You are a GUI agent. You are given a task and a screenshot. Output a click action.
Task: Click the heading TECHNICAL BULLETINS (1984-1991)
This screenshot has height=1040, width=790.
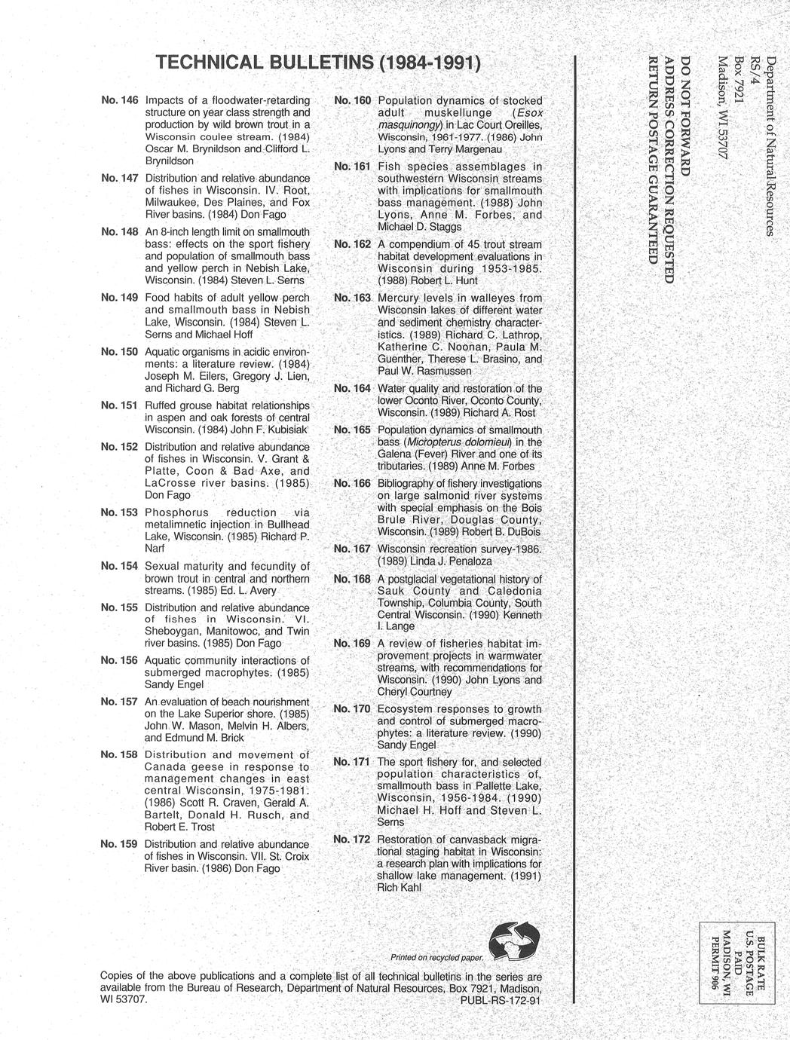(317, 63)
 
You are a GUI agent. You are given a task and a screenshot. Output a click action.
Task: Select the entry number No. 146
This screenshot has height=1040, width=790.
(119, 100)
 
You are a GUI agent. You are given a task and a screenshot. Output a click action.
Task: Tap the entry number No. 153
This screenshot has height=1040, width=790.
(119, 512)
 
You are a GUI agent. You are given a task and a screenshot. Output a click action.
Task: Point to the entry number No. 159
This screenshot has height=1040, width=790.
(119, 844)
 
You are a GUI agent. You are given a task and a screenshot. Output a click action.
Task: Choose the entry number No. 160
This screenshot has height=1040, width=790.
(352, 100)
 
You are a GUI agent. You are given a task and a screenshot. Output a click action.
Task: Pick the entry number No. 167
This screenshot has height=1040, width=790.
(352, 549)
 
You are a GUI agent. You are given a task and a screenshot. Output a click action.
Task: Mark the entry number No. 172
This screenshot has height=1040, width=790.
(352, 840)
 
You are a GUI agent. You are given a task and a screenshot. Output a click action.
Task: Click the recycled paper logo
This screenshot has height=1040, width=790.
(514, 943)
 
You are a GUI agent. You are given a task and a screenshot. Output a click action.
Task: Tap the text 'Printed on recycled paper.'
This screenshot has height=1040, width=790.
(436, 958)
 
